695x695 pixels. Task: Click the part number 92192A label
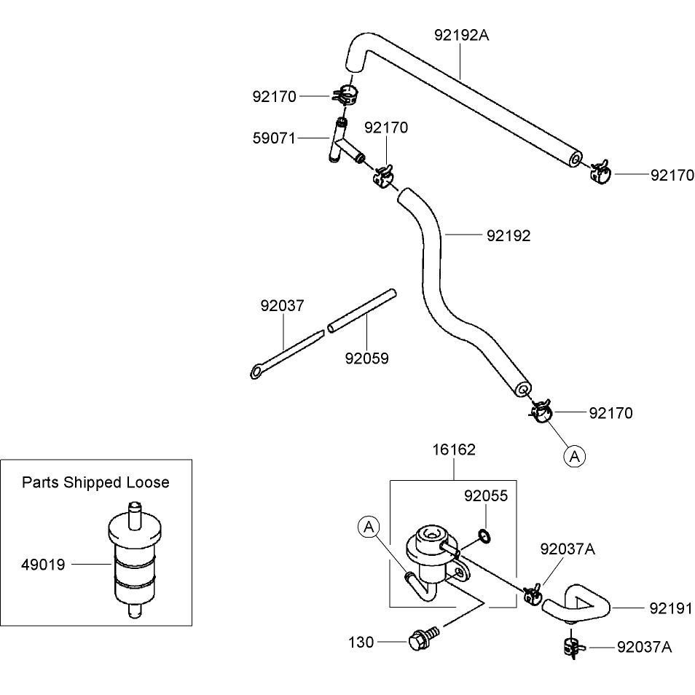[x=461, y=35]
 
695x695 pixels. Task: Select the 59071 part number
[x=274, y=138]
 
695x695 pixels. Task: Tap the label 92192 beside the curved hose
[x=509, y=236]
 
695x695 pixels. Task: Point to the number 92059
[x=366, y=358]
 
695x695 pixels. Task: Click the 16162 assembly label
[x=453, y=450]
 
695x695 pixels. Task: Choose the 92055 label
[x=486, y=496]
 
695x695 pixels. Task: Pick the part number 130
[x=361, y=643]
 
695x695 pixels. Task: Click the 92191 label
[x=671, y=608]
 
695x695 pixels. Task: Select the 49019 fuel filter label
[x=43, y=565]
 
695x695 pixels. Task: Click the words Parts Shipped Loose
[x=95, y=482]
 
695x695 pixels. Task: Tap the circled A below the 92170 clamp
[x=575, y=457]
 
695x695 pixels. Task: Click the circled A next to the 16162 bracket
[x=369, y=527]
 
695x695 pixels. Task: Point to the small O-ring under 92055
[x=484, y=536]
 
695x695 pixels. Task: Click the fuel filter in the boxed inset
[x=135, y=559]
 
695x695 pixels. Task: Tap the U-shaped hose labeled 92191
[x=576, y=602]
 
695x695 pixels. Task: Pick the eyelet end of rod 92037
[x=256, y=372]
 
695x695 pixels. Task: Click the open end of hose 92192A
[x=576, y=159]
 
